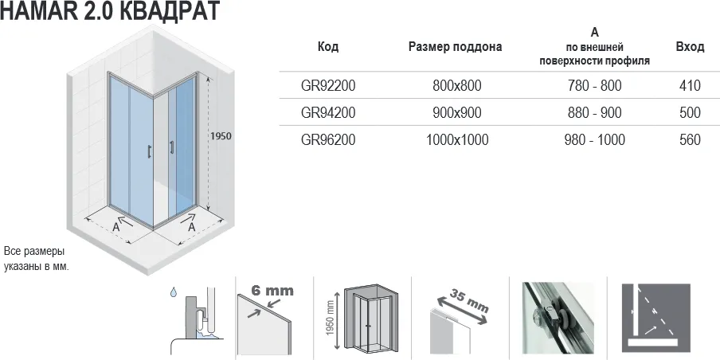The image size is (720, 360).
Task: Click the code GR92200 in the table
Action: coord(328,85)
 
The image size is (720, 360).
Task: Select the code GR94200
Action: coord(328,112)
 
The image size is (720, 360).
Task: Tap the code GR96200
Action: coord(328,139)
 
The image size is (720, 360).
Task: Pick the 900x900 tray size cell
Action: coord(457,112)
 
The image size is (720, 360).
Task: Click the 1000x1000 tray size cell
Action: coord(457,139)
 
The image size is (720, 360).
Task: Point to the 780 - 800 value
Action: coord(595,85)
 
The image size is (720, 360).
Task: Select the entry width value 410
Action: coord(690,85)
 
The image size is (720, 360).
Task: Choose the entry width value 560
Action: coord(690,139)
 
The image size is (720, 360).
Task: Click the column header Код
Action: coord(328,47)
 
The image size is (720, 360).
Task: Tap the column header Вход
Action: coord(690,47)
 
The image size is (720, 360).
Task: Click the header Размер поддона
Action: coord(455,47)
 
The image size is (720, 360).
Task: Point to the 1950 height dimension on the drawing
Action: coord(221,136)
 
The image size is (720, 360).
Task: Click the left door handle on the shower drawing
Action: coord(149,151)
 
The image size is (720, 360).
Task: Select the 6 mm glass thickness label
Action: coord(272,290)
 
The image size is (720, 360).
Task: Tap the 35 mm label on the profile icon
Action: coord(470,301)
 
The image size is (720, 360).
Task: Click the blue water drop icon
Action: coord(173,292)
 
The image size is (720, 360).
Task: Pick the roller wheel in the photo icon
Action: coord(538,318)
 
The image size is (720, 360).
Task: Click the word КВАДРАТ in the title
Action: coord(170,11)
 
